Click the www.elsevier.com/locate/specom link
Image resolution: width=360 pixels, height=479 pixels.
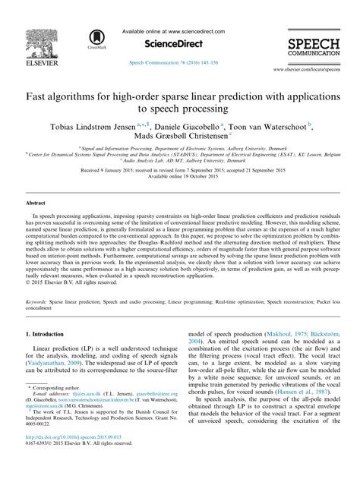coord(312,68)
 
